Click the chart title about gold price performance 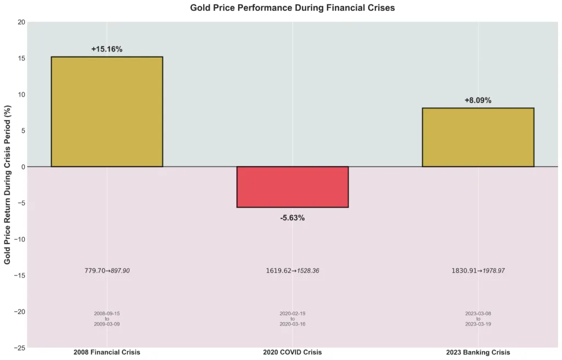tap(293, 8)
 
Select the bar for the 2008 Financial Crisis tap(107, 111)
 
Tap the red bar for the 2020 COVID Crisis tap(293, 187)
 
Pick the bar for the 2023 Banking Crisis tap(478, 137)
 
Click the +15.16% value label tap(107, 49)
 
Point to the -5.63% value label tap(293, 218)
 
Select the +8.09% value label tap(478, 100)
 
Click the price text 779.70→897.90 tap(107, 271)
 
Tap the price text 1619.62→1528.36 tap(293, 271)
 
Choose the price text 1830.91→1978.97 tap(478, 271)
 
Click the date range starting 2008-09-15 tap(107, 319)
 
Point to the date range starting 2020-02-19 tap(293, 319)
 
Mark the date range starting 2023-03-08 tap(478, 319)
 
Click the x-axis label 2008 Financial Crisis tap(107, 352)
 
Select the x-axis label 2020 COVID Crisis tap(293, 352)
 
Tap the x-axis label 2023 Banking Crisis tap(478, 352)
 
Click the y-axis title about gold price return tap(8, 184)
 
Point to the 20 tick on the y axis tap(21, 22)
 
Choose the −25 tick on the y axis tap(19, 347)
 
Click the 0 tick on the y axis tap(23, 167)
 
